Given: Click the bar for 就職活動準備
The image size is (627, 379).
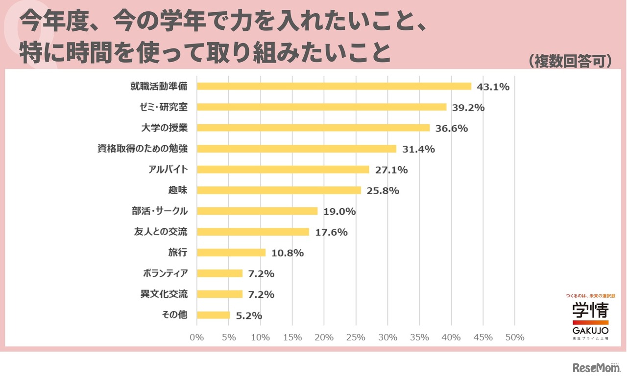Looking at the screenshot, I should coord(334,86).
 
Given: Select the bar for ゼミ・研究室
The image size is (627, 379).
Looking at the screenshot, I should coord(321,107).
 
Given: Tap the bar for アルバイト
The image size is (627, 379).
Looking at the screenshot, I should coord(283,169).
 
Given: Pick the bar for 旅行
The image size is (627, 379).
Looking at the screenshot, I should coord(231,252).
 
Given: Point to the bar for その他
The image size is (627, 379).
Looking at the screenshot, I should coord(213,315).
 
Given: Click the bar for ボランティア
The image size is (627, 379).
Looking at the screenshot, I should coord(219,273).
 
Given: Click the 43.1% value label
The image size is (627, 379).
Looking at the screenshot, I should coord(493,87).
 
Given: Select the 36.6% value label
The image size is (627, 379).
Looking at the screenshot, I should coord(451,129).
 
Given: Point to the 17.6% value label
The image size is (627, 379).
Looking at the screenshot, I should coord(331,232).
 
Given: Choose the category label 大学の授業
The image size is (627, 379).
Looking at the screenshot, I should coord(165,128).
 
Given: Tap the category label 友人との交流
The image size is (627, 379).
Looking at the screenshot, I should coord(161,231).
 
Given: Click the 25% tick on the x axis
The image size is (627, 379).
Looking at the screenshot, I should coord(356,337).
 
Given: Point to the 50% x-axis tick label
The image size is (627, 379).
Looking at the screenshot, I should coord(515,337).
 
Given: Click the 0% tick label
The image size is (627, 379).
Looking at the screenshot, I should coord(196,337).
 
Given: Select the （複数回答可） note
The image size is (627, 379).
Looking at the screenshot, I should coord(570,61).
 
